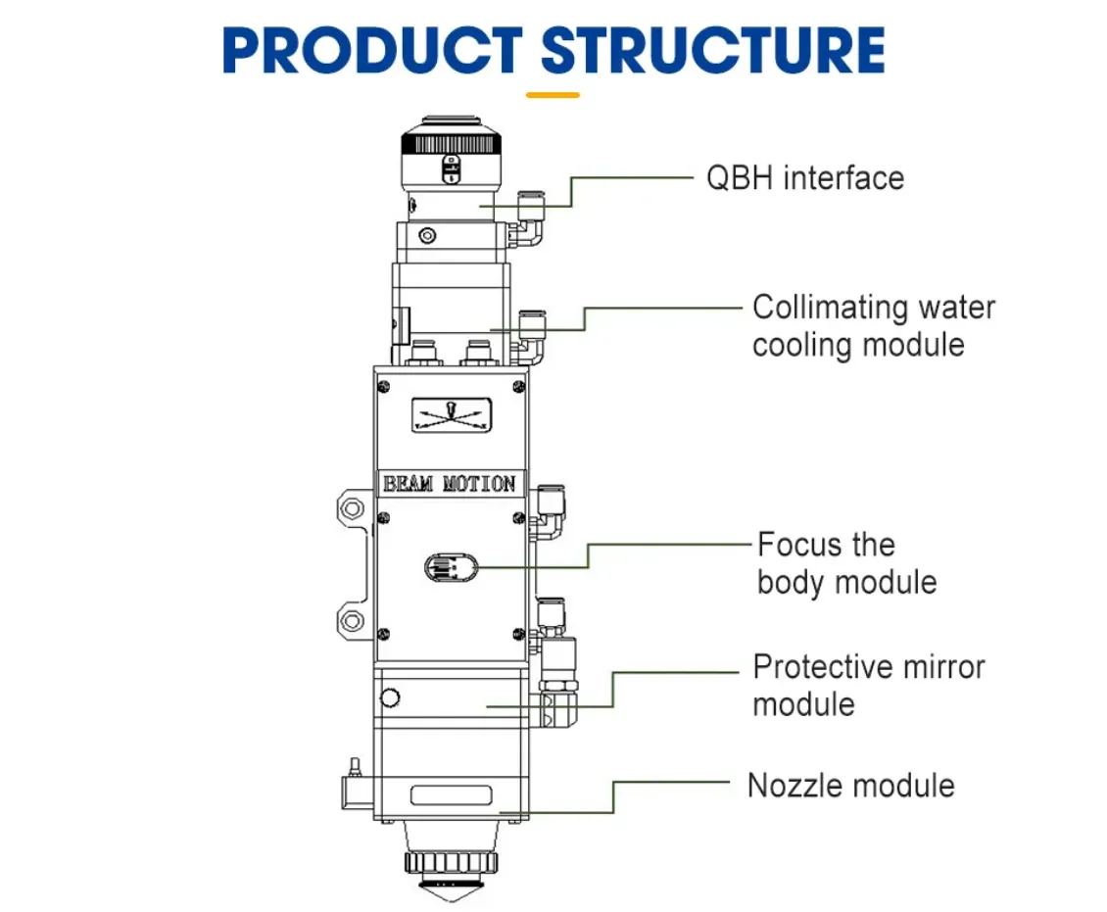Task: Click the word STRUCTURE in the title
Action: [x=712, y=51]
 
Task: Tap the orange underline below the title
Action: [x=553, y=95]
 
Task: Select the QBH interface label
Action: [x=804, y=178]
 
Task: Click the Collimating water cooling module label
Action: [x=873, y=325]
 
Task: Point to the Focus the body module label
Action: [x=846, y=563]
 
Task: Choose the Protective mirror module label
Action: [x=868, y=685]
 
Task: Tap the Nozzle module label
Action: [x=850, y=785]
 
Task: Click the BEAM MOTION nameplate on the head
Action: [x=450, y=484]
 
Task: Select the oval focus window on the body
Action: [x=451, y=566]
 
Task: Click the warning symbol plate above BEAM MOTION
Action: [x=452, y=415]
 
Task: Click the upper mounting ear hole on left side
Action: [x=350, y=509]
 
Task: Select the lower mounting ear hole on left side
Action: [x=350, y=618]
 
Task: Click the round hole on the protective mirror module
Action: [x=390, y=697]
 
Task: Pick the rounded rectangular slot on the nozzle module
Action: [x=450, y=795]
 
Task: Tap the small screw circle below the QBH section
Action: [x=426, y=236]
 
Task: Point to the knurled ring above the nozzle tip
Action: [x=451, y=862]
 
